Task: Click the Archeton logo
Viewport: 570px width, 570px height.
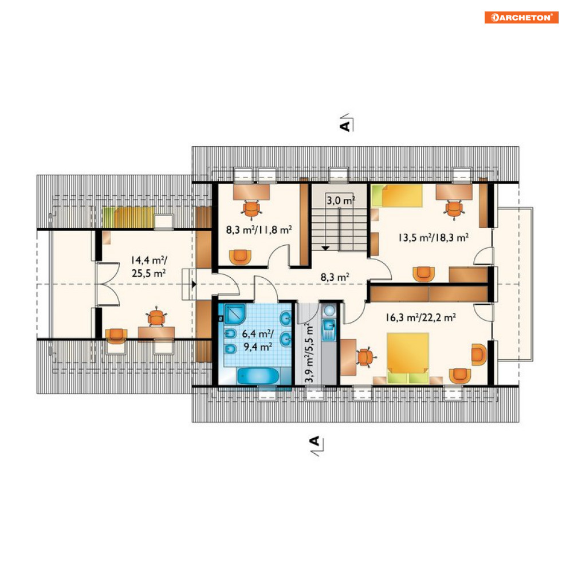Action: coord(521,17)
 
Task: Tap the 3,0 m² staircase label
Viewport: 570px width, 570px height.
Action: coord(341,200)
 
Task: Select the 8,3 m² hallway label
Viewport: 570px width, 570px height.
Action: coord(335,277)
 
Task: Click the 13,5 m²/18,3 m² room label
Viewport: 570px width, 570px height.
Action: coord(433,237)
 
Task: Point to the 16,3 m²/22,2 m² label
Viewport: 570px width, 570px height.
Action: coord(420,317)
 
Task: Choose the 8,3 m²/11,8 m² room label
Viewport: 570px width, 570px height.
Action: coord(259,230)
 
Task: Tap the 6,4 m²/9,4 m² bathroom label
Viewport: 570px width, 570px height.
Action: coord(258,340)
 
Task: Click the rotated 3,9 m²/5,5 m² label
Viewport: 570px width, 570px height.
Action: coord(309,353)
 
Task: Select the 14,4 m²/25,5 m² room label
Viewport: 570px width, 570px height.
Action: coord(149,266)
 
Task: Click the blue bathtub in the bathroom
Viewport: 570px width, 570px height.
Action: coord(258,376)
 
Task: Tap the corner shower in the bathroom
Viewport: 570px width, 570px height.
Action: coord(235,314)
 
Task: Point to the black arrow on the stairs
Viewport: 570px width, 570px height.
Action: coord(325,248)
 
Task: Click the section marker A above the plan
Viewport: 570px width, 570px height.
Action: coord(345,123)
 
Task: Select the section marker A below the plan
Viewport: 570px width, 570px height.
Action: coord(316,445)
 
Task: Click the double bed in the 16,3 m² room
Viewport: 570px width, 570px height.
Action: coord(408,357)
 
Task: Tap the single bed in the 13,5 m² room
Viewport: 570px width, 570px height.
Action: coord(396,196)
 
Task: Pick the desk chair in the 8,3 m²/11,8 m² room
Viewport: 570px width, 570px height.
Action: coord(251,210)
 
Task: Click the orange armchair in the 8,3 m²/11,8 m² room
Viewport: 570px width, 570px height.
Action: coord(240,257)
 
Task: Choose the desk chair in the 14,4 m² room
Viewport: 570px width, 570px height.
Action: coord(156,317)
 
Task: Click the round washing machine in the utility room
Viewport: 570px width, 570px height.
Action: coord(329,311)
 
